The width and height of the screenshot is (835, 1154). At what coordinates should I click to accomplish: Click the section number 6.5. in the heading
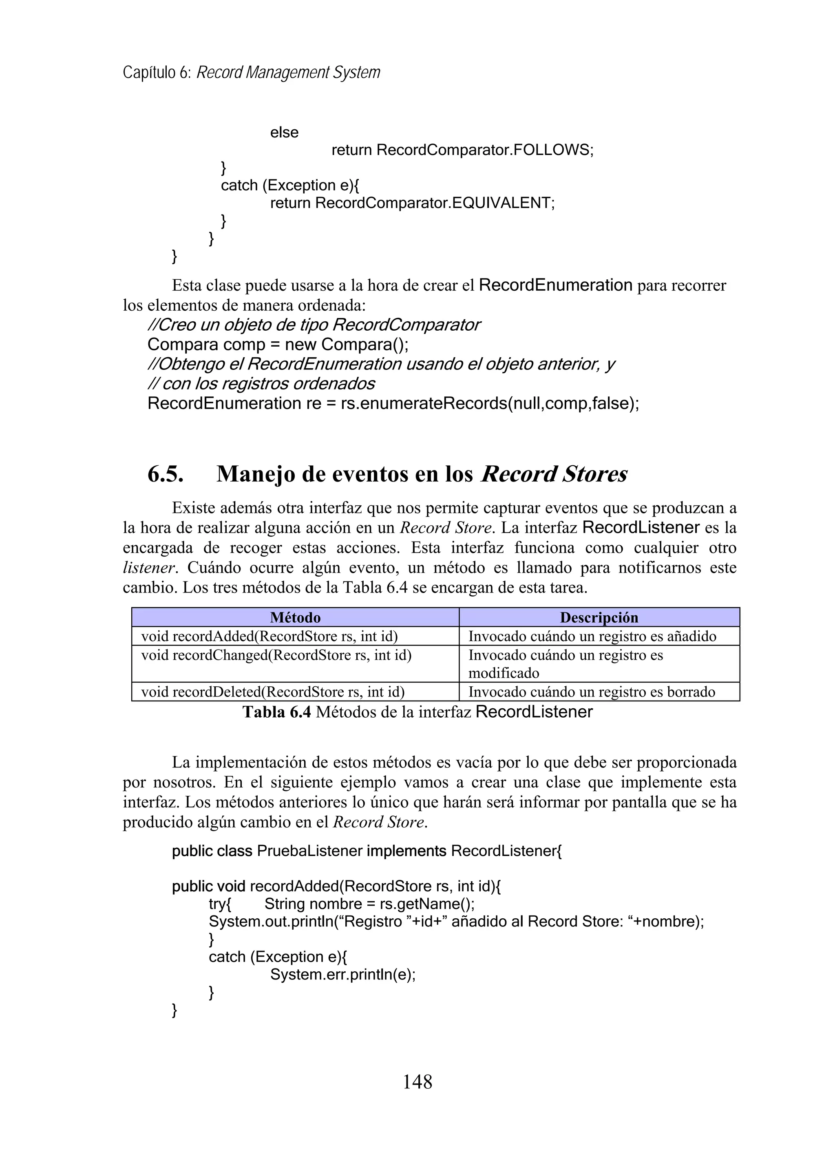click(x=166, y=474)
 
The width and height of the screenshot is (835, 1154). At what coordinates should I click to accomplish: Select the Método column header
click(x=295, y=617)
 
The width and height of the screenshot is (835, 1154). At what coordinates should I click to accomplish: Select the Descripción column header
click(x=599, y=617)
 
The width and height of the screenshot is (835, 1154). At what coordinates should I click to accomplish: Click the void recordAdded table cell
click(x=269, y=636)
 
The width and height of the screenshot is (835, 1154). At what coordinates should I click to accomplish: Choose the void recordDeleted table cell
click(x=273, y=692)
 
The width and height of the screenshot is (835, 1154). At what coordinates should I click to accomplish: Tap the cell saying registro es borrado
click(x=591, y=692)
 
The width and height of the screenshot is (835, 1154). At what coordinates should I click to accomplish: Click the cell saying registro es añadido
click(x=592, y=636)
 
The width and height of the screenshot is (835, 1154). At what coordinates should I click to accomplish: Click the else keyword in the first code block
click(x=284, y=132)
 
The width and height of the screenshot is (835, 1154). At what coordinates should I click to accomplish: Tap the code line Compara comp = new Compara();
click(x=278, y=345)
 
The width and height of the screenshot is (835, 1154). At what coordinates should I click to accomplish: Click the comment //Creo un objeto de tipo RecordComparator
click(x=314, y=325)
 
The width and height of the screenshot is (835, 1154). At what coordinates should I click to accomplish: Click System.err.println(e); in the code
click(x=342, y=975)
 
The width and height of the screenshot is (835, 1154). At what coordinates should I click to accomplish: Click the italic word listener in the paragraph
click(x=148, y=567)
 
